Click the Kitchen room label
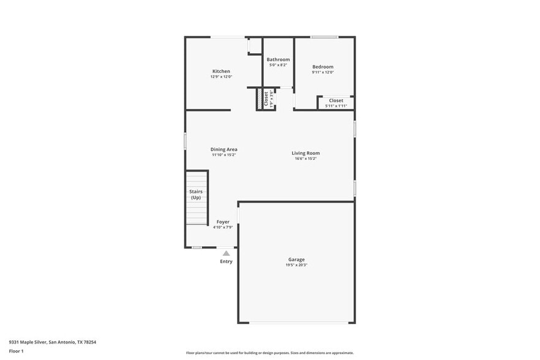(221, 71)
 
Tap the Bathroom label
(278, 59)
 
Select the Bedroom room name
(323, 67)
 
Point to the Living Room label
(306, 153)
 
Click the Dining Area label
(223, 149)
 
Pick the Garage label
(296, 260)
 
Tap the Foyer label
(223, 222)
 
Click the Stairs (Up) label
(196, 195)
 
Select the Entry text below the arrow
(226, 261)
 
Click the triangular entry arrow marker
(226, 252)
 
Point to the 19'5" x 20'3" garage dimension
(296, 265)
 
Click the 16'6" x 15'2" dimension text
(306, 159)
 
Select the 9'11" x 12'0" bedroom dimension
(323, 72)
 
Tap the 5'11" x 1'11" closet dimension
(336, 106)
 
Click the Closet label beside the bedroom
(336, 100)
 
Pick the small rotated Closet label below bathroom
(266, 99)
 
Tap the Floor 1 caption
(16, 351)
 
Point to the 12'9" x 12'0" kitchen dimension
(221, 77)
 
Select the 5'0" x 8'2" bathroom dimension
(278, 65)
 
